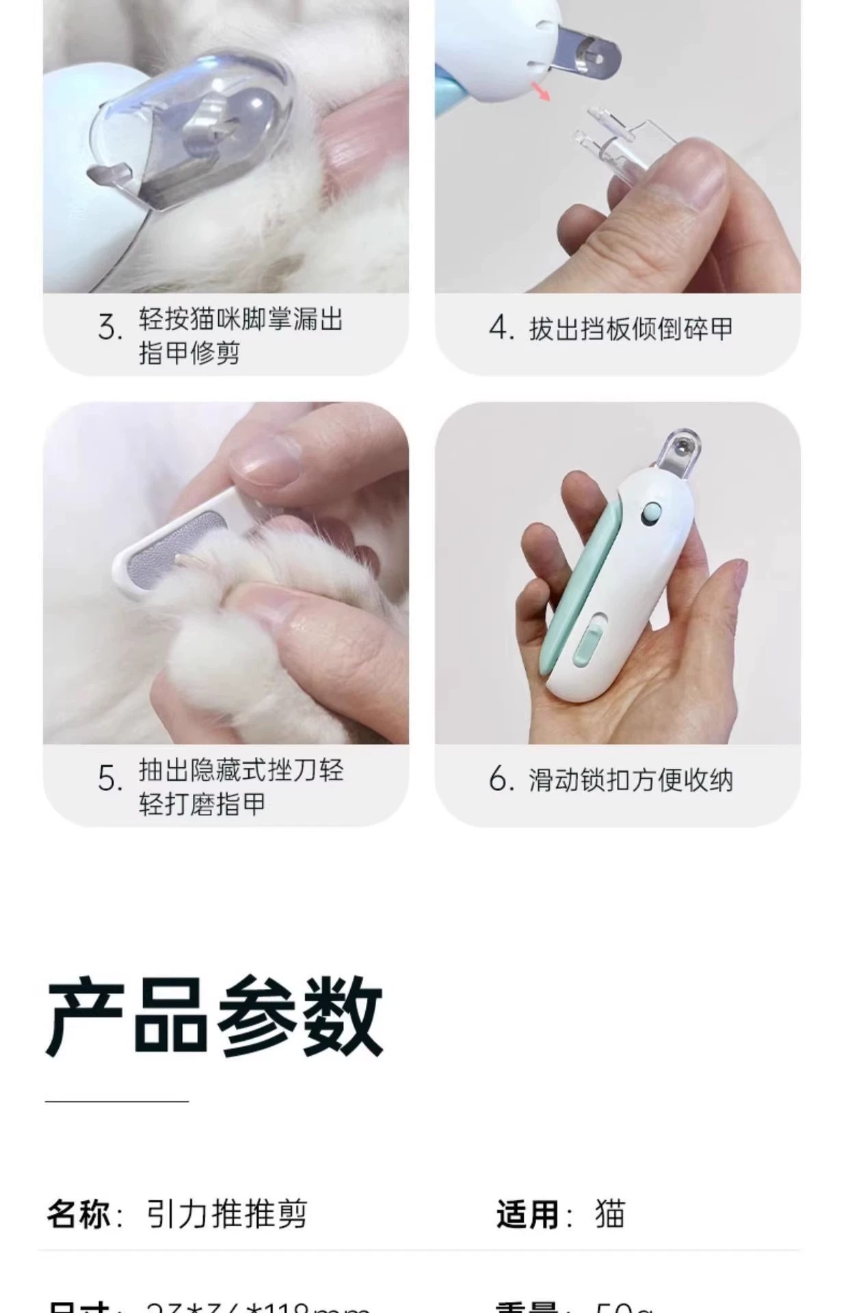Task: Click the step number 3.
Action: (x=109, y=328)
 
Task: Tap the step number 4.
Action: (x=501, y=328)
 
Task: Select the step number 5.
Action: (x=109, y=778)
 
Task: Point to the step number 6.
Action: (x=501, y=779)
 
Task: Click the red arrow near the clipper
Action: (x=542, y=92)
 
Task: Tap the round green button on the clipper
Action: (x=652, y=511)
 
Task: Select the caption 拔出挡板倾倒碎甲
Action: (x=630, y=329)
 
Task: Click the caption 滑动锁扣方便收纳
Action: (x=630, y=780)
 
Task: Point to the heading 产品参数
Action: (x=214, y=1017)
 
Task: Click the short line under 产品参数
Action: (x=116, y=1101)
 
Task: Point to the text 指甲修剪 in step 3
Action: (x=189, y=353)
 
